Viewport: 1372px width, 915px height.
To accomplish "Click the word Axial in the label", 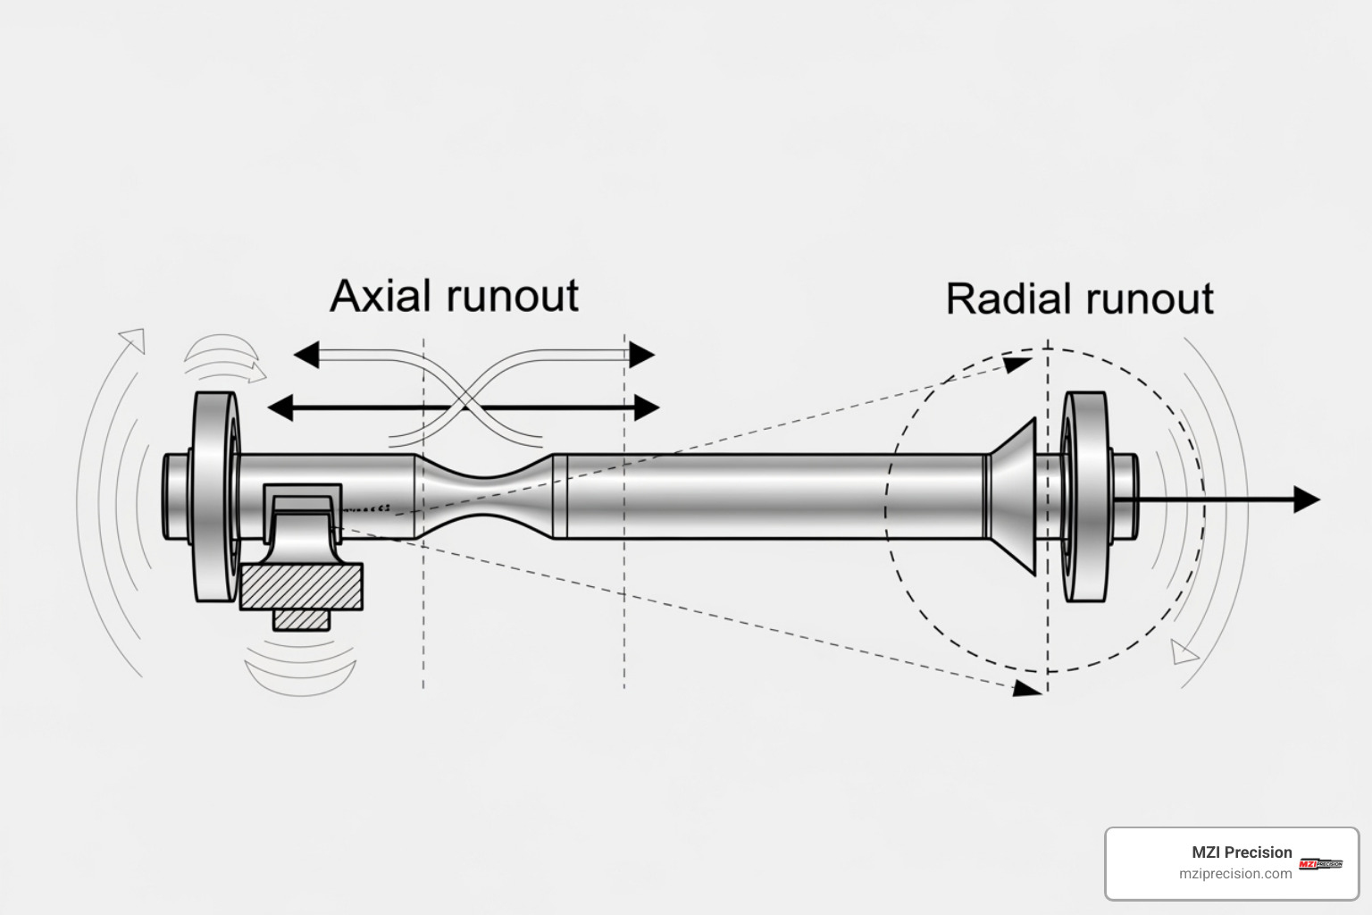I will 379,296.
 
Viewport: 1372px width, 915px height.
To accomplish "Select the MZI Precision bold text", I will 1242,852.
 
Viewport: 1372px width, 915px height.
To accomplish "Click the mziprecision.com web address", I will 1235,874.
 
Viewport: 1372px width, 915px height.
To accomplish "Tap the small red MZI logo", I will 1320,863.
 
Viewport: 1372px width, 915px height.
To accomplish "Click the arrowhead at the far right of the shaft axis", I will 1307,499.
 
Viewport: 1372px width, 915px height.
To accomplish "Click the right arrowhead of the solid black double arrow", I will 647,408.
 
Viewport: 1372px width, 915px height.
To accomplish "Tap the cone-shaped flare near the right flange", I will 1014,497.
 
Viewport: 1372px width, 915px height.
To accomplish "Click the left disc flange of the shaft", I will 214,497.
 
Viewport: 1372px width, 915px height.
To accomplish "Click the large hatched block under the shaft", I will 302,586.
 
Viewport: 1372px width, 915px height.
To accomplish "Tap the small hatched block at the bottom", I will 302,619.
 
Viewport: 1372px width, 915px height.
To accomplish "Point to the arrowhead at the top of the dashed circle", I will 1016,364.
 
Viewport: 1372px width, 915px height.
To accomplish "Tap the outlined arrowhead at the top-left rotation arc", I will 132,340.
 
